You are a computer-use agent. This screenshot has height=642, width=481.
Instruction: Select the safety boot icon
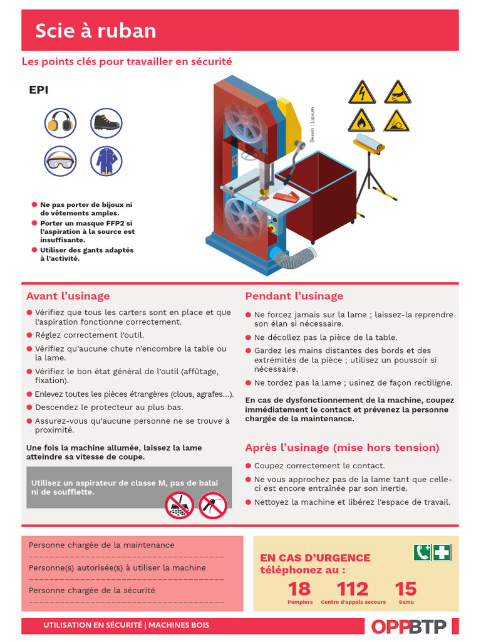tap(106, 123)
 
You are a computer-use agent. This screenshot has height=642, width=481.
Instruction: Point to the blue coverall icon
tap(106, 161)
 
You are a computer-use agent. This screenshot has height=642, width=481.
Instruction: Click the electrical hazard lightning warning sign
tap(361, 93)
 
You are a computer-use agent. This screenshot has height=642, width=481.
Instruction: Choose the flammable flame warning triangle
tap(361, 121)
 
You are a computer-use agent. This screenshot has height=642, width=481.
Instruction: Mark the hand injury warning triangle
tap(397, 93)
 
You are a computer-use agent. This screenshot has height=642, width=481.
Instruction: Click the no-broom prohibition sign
tap(179, 505)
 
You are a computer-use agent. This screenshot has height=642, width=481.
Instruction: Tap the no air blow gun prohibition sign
tap(212, 505)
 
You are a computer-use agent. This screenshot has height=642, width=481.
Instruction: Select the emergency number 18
tap(299, 589)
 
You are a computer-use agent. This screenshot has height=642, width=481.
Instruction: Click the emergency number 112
tap(353, 589)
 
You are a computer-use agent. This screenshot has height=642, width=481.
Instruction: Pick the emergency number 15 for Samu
tap(405, 589)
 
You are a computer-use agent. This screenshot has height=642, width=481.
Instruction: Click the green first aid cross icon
tap(442, 552)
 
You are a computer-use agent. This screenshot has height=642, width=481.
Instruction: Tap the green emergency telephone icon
tap(422, 552)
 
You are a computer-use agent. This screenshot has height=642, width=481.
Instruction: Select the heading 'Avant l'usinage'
tap(68, 296)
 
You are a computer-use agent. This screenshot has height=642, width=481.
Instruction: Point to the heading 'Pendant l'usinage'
tap(294, 296)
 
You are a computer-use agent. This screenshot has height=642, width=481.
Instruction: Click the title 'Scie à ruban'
tap(95, 31)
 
